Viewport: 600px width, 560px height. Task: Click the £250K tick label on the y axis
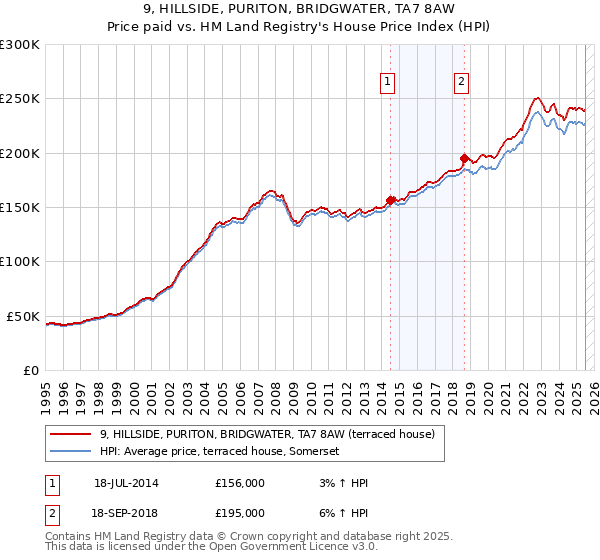(x=20, y=99)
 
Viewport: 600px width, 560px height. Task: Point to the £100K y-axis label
(x=20, y=261)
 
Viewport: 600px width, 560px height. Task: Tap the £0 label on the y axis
(x=31, y=370)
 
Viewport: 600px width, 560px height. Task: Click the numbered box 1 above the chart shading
(x=387, y=83)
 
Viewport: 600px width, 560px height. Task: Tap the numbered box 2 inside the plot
(x=461, y=83)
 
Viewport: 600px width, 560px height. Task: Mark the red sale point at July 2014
(x=391, y=199)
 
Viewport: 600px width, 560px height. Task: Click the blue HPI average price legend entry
(x=220, y=452)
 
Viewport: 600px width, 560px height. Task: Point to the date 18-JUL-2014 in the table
(x=126, y=482)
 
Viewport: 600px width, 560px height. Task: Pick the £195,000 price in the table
(x=239, y=512)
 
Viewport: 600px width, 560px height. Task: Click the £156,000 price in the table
(x=239, y=482)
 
